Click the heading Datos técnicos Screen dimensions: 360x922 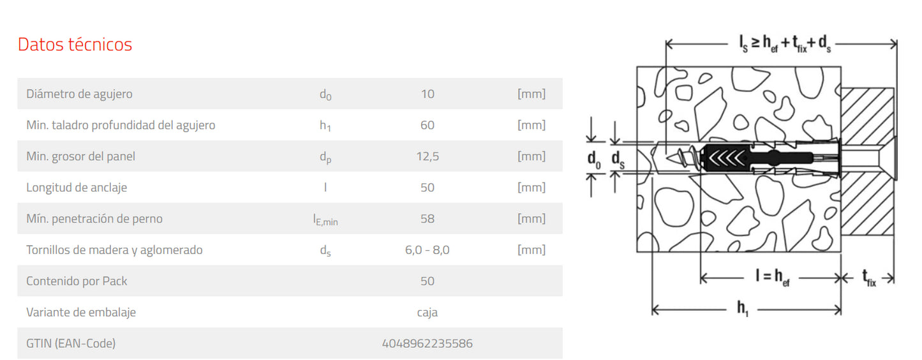click(75, 45)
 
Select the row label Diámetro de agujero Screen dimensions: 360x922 click(79, 94)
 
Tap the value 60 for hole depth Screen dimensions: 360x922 click(427, 125)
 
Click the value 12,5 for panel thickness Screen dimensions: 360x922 click(427, 156)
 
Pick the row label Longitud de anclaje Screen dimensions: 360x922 click(77, 188)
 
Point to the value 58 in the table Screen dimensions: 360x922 click(427, 219)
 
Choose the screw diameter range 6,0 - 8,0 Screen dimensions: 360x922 click(427, 250)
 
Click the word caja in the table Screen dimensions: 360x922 click(427, 313)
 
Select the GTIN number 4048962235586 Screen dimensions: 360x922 click(427, 343)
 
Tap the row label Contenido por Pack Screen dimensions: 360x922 click(77, 281)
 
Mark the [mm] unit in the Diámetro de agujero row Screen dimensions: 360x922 click(531, 94)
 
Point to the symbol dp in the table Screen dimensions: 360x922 click(325, 157)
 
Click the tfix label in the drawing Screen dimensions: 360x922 click(868, 278)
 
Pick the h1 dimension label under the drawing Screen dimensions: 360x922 click(743, 309)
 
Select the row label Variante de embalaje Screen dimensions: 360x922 click(80, 313)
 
